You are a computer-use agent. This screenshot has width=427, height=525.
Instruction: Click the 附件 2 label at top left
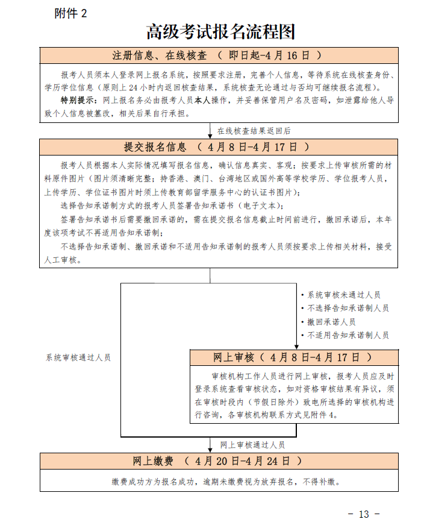pyautogui.click(x=70, y=13)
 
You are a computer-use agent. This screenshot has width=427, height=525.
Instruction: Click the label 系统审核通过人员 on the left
pyautogui.click(x=78, y=357)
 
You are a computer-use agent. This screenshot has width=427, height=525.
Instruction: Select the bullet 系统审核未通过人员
pyautogui.click(x=344, y=295)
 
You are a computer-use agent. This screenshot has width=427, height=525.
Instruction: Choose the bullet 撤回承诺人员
pyautogui.click(x=331, y=322)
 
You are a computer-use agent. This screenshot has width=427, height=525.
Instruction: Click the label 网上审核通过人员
pyautogui.click(x=252, y=445)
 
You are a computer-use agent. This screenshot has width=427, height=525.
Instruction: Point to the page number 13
pyautogui.click(x=364, y=514)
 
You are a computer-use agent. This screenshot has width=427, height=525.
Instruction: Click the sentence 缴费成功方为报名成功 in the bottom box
pyautogui.click(x=158, y=482)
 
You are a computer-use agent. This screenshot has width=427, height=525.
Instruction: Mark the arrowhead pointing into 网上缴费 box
pyautogui.click(x=210, y=448)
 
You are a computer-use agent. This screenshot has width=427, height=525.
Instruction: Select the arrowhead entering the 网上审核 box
pyautogui.click(x=296, y=345)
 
